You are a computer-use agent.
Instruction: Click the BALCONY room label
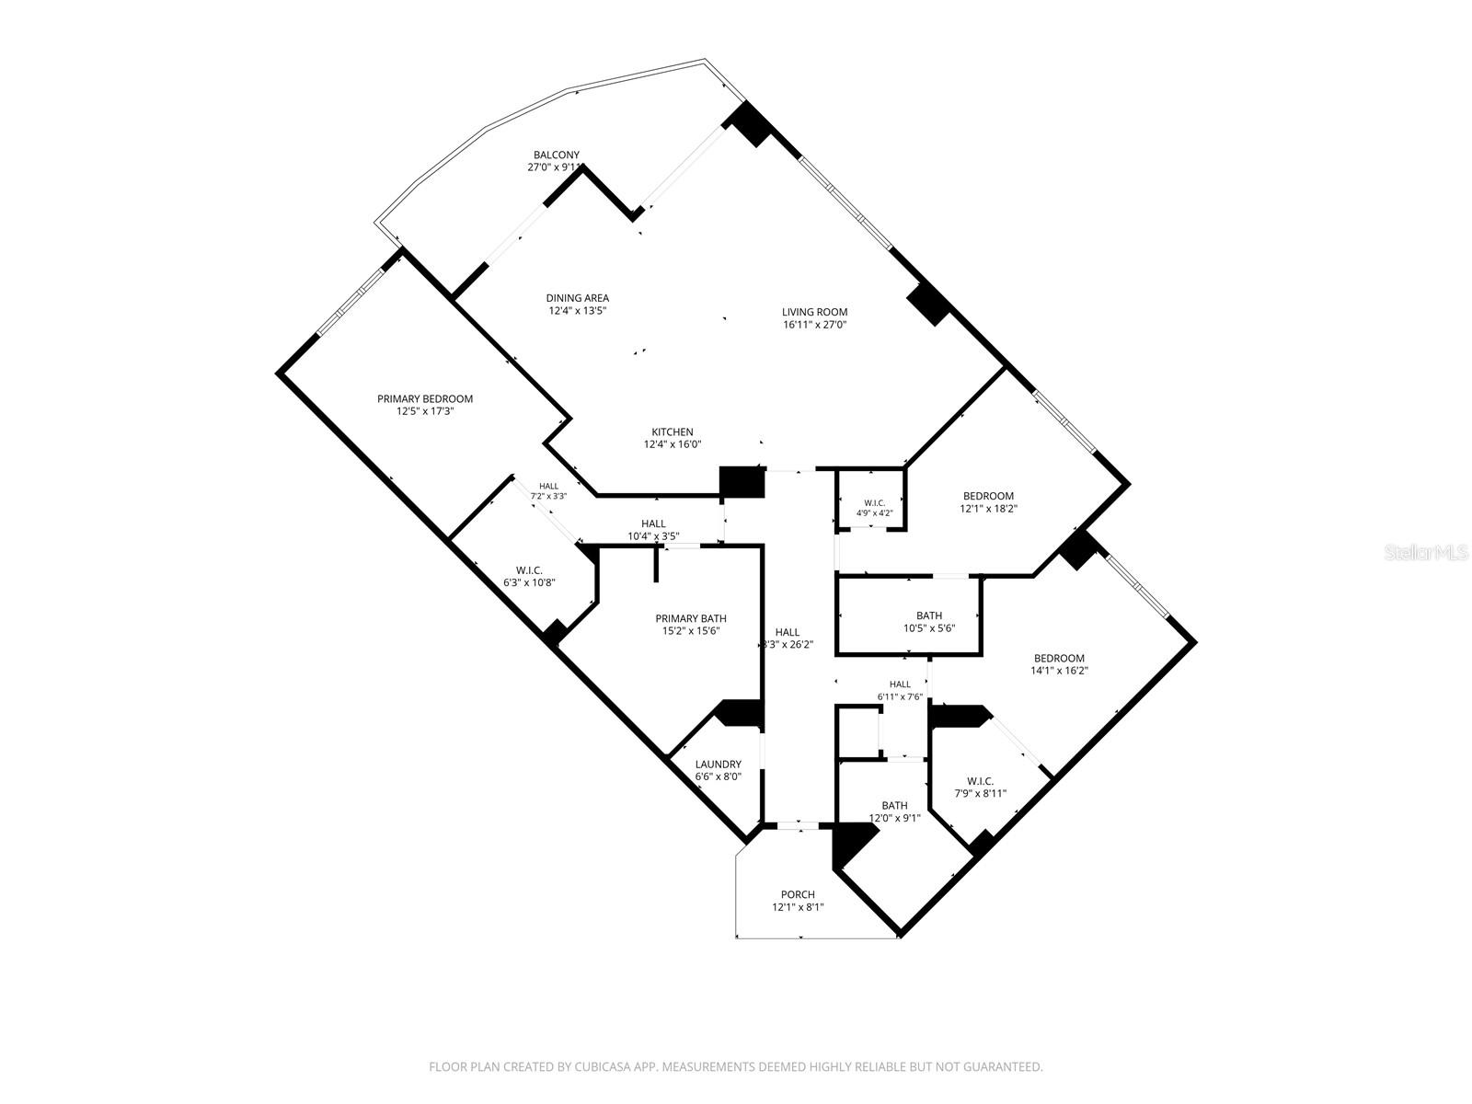556,155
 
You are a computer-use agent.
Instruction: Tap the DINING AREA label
578,298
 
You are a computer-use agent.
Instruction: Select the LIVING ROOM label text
814,312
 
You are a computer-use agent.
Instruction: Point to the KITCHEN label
672,432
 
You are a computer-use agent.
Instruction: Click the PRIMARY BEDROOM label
424,399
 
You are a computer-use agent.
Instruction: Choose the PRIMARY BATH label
691,618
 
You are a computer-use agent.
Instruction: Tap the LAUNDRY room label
718,765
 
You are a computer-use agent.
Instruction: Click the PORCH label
798,894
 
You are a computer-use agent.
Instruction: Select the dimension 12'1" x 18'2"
988,509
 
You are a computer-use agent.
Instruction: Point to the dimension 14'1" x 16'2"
1059,671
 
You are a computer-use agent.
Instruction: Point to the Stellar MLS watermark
1425,553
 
